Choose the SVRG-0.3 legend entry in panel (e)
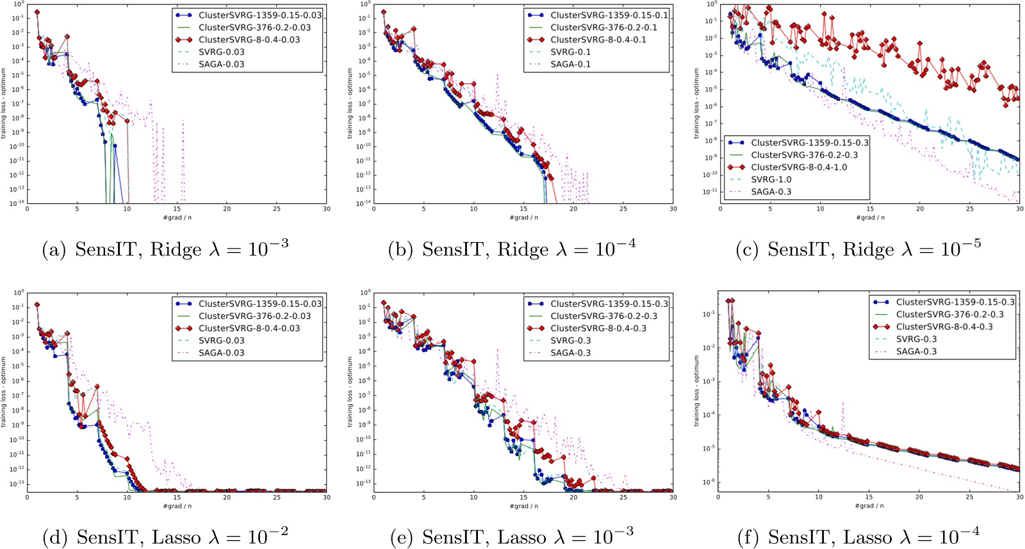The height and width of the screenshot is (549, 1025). (x=570, y=341)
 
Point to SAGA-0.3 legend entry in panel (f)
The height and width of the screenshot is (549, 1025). (x=916, y=351)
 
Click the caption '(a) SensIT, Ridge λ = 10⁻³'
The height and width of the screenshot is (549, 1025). (x=165, y=249)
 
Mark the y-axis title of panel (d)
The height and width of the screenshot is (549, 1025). (x=4, y=392)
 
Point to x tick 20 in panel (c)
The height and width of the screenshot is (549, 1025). (x=920, y=209)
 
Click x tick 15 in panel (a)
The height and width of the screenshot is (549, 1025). (x=177, y=209)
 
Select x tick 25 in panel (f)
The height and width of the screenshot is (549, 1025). (x=969, y=497)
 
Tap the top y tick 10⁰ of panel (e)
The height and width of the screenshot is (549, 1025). (x=365, y=292)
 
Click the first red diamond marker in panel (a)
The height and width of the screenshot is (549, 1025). (x=37, y=12)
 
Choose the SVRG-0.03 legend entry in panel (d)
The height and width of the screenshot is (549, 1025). (x=221, y=341)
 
